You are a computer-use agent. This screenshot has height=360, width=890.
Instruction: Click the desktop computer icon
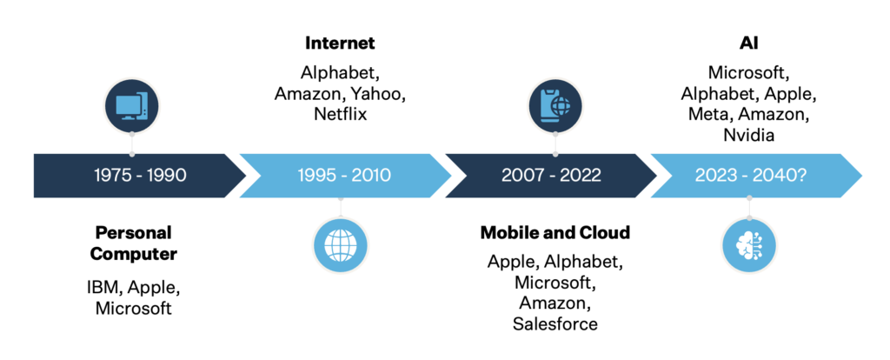coord(132,106)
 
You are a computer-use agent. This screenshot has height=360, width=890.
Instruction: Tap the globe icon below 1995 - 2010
coord(341,245)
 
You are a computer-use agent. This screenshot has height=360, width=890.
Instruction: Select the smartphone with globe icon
coord(555,106)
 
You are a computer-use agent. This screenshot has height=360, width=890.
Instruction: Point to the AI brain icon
coord(749,245)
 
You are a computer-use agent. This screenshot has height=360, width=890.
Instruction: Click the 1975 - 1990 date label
coord(140,175)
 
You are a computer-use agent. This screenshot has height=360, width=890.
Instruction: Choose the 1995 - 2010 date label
coord(344,175)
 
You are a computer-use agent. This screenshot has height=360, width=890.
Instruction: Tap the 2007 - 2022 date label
coord(550,175)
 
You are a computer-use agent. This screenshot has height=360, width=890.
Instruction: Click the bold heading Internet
coord(340,43)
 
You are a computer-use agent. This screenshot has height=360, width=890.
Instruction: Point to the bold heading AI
coord(748,43)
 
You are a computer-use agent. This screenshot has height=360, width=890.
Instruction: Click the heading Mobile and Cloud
coord(555,232)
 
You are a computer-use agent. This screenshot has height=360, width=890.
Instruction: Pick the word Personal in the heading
coord(133,232)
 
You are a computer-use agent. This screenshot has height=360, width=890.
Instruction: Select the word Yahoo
coord(377,93)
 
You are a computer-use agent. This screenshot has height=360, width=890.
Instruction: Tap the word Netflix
coord(340,114)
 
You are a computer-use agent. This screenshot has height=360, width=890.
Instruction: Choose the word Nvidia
coord(748,135)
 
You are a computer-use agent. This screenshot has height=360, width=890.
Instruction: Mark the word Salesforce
coord(555,323)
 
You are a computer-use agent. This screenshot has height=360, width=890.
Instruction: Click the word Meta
coord(707,114)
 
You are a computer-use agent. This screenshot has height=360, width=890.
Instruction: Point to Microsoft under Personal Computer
coord(133,309)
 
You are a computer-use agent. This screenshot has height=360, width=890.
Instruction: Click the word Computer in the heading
coord(133,254)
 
